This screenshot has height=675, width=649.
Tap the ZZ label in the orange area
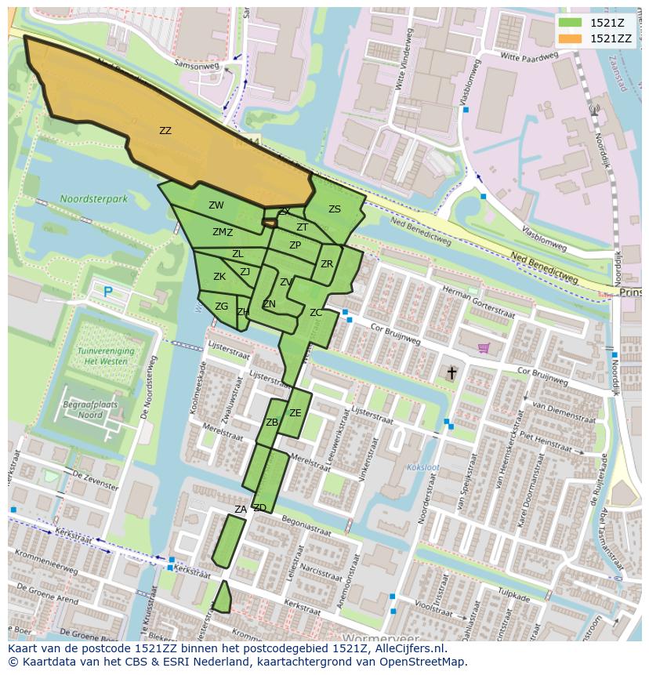coord(165,131)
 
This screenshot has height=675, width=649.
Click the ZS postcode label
coord(335,209)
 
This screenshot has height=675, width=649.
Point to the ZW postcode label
coord(216,205)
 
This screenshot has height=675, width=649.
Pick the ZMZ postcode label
coord(223,232)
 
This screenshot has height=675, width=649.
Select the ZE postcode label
coord(295,413)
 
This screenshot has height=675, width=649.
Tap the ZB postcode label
coord(272,423)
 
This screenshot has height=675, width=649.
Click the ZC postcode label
coord(316,313)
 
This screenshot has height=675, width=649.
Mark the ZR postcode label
coord(327,264)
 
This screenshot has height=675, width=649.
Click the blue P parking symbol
coord(108,292)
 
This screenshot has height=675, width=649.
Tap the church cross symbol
coord(451,372)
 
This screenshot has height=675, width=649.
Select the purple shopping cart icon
coord(484,347)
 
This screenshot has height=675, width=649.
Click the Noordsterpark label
coord(93,199)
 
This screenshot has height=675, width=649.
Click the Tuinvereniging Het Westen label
coord(106,357)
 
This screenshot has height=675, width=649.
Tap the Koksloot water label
coord(423,468)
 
